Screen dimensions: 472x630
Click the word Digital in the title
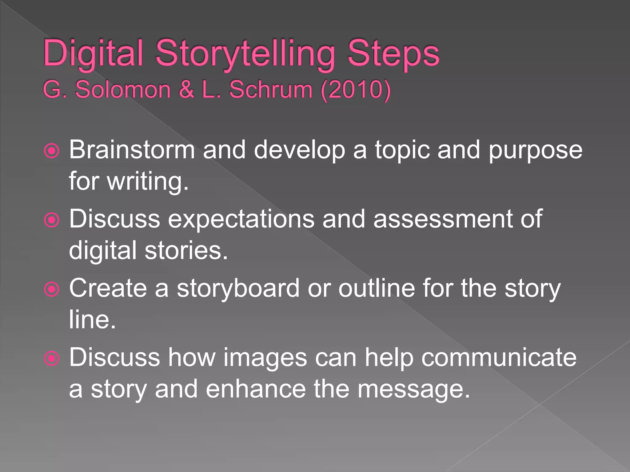[x=93, y=53]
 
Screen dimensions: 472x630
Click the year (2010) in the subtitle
[x=355, y=89]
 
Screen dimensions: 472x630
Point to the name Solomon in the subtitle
[x=123, y=89]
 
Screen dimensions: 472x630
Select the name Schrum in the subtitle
[x=271, y=89]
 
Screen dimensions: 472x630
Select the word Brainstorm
[x=132, y=150]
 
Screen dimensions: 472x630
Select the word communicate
[x=499, y=357]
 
